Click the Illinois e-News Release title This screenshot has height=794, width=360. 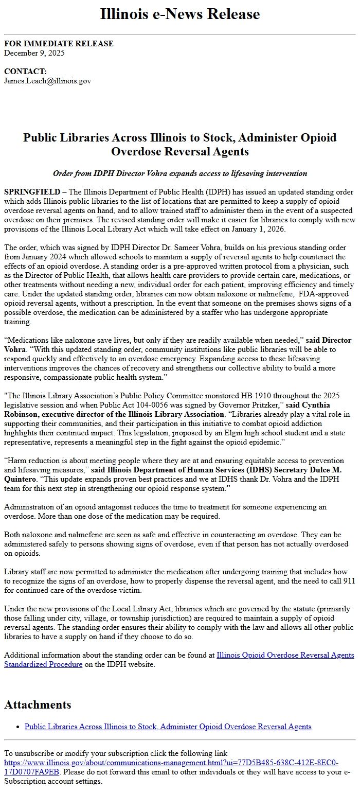[179, 14]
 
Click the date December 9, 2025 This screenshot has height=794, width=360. [34, 52]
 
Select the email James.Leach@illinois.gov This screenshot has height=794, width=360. [47, 80]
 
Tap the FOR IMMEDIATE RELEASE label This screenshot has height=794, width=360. [59, 44]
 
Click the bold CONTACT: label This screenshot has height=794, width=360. [25, 72]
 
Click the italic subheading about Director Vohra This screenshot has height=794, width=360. [179, 173]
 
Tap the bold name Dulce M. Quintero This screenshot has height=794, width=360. [318, 470]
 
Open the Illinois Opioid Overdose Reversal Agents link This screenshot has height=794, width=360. [285, 655]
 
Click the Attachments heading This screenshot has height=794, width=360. [38, 704]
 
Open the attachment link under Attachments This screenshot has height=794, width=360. [168, 727]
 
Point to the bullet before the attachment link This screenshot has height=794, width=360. [18, 727]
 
